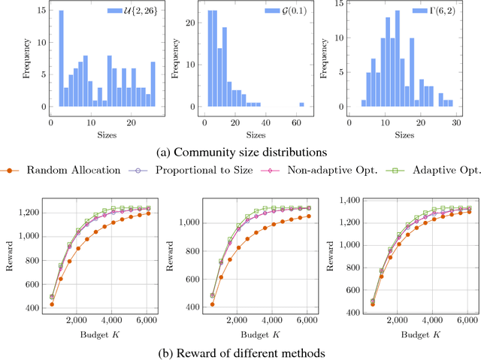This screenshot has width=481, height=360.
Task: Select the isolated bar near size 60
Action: [x=301, y=104]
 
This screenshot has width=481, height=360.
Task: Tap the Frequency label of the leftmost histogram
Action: [x=26, y=59]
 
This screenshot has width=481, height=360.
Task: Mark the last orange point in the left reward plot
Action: [x=147, y=213]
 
